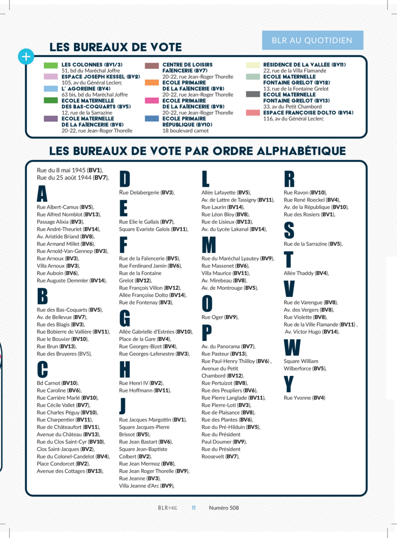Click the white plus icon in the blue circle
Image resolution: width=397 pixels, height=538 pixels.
click(26, 57)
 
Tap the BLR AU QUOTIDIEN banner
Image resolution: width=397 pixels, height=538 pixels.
click(312, 40)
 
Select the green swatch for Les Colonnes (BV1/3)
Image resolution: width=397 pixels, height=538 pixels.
click(51, 66)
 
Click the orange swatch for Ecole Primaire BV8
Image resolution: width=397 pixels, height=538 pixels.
click(152, 82)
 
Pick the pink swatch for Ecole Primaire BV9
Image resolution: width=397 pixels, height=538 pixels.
click(152, 101)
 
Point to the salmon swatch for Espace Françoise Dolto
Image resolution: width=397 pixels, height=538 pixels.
click(253, 113)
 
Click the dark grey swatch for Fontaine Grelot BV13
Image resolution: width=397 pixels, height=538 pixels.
click(253, 94)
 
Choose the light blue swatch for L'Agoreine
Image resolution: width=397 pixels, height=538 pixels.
click(51, 89)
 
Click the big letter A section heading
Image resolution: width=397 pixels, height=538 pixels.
click(42, 194)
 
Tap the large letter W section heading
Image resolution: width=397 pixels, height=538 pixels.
click(292, 348)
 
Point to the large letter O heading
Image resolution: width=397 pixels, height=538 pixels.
click(207, 304)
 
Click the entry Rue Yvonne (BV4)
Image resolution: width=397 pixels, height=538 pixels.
click(304, 398)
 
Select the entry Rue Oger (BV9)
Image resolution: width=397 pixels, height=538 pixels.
click(220, 317)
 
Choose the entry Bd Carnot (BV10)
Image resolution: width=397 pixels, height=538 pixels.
click(57, 383)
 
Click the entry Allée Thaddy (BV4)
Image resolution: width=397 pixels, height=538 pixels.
click(306, 273)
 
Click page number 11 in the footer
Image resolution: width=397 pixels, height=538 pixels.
click(193, 508)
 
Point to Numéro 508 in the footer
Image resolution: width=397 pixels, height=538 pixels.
click(224, 508)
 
